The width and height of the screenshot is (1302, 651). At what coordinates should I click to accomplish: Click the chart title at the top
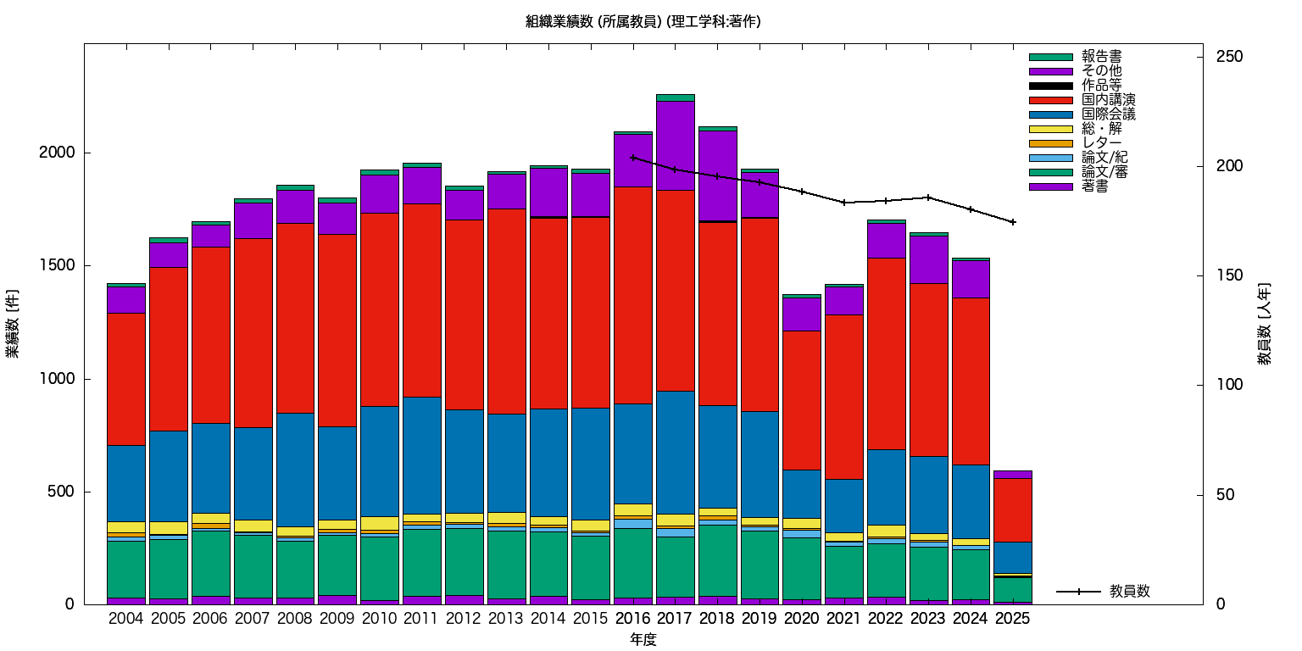[x=643, y=22]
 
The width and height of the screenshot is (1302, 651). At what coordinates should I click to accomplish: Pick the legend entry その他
[x=1101, y=71]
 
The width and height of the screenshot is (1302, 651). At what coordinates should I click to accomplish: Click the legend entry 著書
[x=1094, y=186]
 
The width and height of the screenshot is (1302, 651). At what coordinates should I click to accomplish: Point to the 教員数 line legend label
[x=1129, y=592]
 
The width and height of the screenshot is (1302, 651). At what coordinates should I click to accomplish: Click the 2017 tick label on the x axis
[x=674, y=619]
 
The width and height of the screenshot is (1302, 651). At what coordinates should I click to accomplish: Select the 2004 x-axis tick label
[x=126, y=619]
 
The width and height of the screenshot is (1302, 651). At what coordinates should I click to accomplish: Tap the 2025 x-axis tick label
[x=1012, y=619]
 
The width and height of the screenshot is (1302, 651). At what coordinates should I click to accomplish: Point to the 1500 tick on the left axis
[x=58, y=266]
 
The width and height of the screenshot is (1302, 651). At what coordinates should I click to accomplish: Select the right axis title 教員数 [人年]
[x=1265, y=324]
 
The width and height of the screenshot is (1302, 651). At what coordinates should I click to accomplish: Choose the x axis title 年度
[x=643, y=640]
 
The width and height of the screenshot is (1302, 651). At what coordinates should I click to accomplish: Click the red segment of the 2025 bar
[x=1012, y=509]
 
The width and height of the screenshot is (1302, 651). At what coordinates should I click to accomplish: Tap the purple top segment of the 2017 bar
[x=675, y=145]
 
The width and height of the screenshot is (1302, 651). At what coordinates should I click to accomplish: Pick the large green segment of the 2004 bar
[x=126, y=569]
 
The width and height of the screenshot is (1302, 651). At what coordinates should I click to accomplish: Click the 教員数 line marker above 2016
[x=632, y=158]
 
